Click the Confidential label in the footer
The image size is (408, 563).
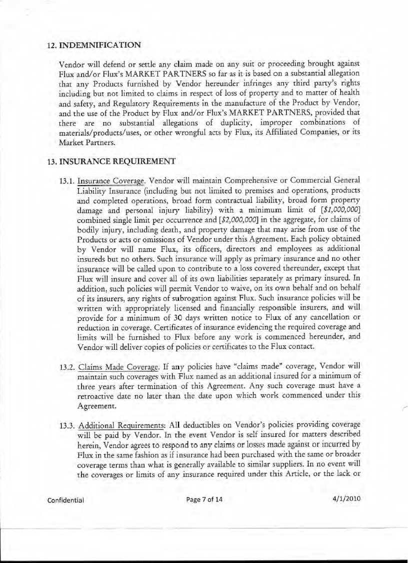(x=66, y=499)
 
